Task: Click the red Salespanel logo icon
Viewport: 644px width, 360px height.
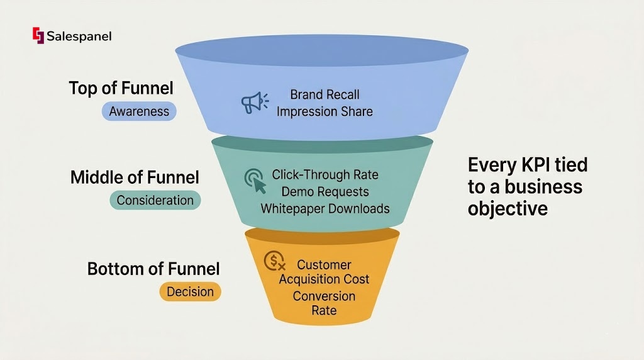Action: pyautogui.click(x=37, y=36)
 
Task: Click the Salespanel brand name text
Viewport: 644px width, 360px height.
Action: pyautogui.click(x=79, y=37)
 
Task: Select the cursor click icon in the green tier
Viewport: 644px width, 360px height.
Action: pyautogui.click(x=255, y=181)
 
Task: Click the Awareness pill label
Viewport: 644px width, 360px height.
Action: pyautogui.click(x=139, y=111)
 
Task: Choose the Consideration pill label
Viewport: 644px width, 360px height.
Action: pyautogui.click(x=155, y=200)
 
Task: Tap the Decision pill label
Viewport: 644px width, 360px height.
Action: pyautogui.click(x=190, y=291)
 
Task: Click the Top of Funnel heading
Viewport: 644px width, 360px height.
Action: pyautogui.click(x=121, y=88)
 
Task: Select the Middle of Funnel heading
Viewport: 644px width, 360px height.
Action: pyautogui.click(x=135, y=177)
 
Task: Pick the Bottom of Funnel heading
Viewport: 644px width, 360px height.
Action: pyautogui.click(x=153, y=269)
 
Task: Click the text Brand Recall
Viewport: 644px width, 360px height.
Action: pyautogui.click(x=325, y=95)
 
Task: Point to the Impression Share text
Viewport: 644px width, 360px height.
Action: pyautogui.click(x=325, y=111)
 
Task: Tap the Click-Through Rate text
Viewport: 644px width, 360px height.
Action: pyautogui.click(x=325, y=174)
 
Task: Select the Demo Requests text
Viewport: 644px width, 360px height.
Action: pyautogui.click(x=325, y=191)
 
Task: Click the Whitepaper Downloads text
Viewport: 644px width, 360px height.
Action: pyautogui.click(x=325, y=208)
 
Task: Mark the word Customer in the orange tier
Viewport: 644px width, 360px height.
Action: pyautogui.click(x=324, y=265)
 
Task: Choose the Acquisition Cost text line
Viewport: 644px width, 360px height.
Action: pyautogui.click(x=324, y=279)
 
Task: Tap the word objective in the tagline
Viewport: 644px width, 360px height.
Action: pyautogui.click(x=508, y=208)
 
